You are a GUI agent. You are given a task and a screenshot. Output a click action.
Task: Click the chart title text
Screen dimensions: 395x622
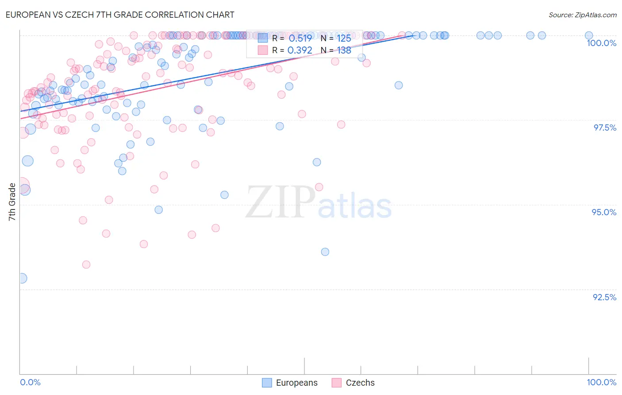[119, 15]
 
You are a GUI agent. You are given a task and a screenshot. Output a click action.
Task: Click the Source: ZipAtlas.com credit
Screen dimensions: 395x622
[582, 15]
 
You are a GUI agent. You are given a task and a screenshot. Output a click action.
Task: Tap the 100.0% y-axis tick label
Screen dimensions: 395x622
[601, 43]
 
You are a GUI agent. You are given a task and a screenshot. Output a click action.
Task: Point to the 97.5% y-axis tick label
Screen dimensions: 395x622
[605, 128]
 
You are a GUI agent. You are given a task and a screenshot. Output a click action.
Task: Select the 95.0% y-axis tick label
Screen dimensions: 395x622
[604, 212]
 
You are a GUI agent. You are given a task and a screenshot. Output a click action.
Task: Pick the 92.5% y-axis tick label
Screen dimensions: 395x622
[604, 297]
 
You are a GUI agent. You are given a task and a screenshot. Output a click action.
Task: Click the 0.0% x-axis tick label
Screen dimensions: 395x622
[30, 382]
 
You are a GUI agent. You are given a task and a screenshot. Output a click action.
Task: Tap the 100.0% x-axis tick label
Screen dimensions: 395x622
[601, 382]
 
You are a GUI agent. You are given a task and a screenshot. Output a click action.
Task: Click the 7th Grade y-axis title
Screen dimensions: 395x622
[12, 202]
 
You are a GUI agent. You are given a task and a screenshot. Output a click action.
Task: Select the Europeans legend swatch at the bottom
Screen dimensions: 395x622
[267, 383]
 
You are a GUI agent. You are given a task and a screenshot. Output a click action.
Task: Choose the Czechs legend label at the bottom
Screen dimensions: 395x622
[360, 383]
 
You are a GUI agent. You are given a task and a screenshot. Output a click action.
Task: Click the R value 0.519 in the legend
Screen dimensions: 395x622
[300, 38]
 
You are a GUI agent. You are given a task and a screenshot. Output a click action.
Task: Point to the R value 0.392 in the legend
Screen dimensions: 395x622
[300, 50]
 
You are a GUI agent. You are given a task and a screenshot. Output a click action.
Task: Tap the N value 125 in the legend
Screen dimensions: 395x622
[344, 38]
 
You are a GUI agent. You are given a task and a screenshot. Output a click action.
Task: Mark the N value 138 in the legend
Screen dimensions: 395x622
[344, 50]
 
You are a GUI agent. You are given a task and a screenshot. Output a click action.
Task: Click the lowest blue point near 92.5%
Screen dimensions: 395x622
[21, 278]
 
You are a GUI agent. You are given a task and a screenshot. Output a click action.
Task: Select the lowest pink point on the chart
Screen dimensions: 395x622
[86, 264]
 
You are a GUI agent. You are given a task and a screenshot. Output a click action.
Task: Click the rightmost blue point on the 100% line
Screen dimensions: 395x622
[589, 35]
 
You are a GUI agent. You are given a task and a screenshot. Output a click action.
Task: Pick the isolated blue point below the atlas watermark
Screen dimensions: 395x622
[325, 252]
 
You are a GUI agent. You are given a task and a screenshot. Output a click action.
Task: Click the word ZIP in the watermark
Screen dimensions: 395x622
[280, 202]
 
